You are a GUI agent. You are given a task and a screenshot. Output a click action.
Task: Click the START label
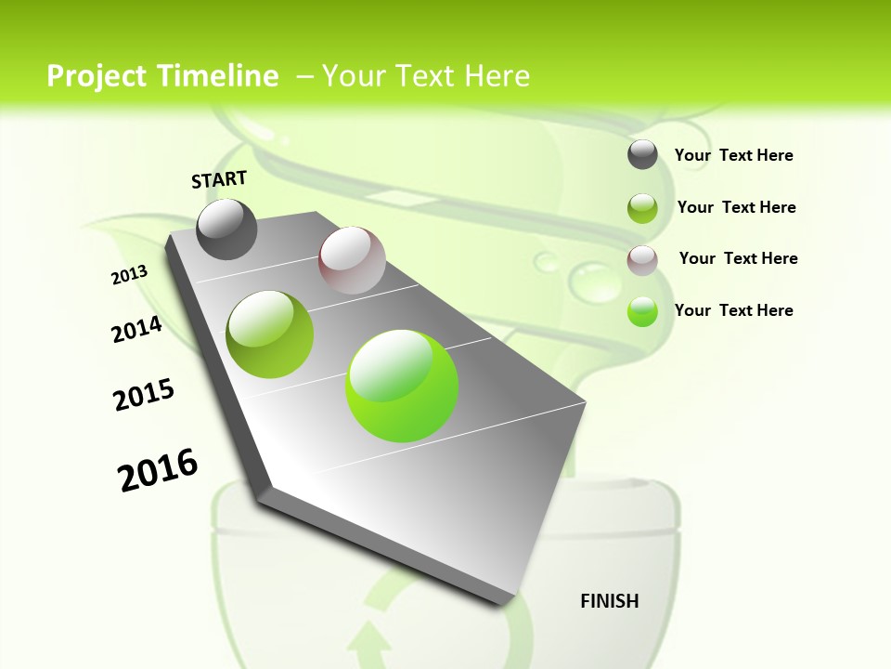[219, 179]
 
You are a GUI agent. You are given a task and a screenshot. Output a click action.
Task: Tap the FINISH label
[609, 601]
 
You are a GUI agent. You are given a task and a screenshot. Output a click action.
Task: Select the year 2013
[129, 275]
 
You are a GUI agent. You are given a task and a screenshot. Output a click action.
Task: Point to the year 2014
[136, 330]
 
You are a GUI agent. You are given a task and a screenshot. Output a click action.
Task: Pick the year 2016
[158, 470]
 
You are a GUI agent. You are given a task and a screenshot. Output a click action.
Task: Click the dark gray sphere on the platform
[226, 230]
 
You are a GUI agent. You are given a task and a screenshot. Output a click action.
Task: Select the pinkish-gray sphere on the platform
[352, 260]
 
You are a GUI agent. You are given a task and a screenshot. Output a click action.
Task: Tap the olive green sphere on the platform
[270, 334]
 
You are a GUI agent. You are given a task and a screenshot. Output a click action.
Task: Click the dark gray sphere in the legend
[642, 154]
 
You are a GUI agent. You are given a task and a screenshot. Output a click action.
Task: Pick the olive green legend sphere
[642, 208]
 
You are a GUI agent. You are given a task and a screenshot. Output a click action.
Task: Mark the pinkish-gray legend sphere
[642, 260]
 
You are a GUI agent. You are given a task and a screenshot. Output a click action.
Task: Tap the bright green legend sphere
[642, 311]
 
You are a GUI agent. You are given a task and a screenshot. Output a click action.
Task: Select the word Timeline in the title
[219, 76]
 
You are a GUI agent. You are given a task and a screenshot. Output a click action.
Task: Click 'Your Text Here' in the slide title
[426, 76]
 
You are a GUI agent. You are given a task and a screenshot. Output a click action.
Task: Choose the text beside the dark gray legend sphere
[733, 155]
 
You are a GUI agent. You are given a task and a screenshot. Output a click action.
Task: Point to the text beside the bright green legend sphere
[733, 310]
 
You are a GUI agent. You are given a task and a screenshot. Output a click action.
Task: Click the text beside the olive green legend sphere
[736, 207]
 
